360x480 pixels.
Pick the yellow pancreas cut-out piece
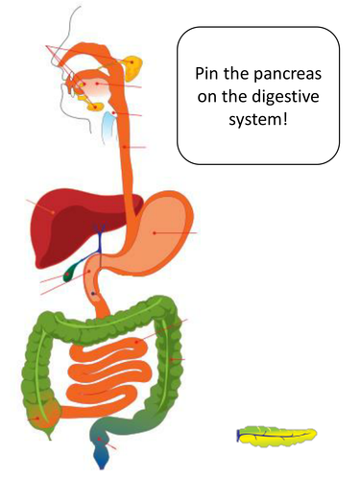pyautogui.click(x=278, y=438)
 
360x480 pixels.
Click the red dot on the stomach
pyautogui.click(x=154, y=232)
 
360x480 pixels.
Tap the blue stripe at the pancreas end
pyautogui.click(x=238, y=438)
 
